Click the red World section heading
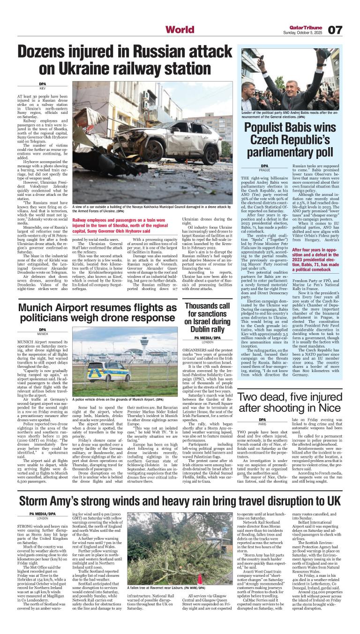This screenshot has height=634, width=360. (180, 30)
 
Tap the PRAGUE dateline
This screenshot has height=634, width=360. (264, 169)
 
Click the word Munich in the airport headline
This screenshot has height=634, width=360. (39, 296)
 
